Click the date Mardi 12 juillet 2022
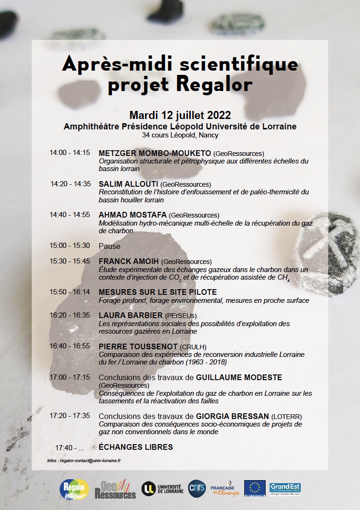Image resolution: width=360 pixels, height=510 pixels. (180, 115)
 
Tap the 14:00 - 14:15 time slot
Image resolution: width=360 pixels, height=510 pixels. (70, 153)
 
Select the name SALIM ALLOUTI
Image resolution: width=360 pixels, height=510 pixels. (128, 184)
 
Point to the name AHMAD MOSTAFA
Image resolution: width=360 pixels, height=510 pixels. (132, 215)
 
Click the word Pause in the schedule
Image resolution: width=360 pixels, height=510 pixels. (110, 246)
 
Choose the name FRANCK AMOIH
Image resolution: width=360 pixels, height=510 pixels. (129, 261)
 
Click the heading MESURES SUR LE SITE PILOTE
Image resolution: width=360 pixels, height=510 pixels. (157, 292)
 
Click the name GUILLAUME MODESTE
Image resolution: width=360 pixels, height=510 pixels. (239, 377)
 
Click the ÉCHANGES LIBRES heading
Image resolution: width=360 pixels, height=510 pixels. (136, 447)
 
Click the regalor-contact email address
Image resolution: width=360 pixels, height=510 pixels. (90, 460)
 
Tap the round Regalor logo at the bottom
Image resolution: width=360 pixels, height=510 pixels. (74, 489)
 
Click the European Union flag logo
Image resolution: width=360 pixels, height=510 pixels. (255, 488)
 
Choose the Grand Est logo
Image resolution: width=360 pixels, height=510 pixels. (285, 488)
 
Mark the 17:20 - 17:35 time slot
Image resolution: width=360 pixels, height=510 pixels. (70, 416)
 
